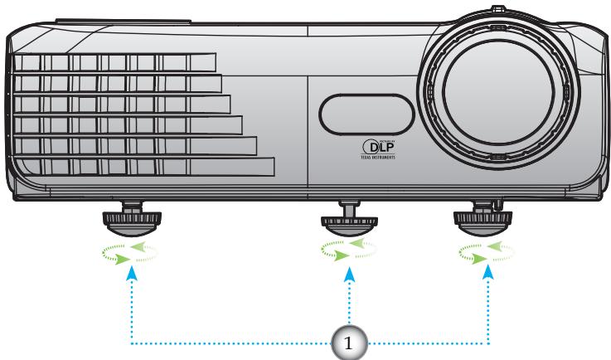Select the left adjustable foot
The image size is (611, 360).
click(x=132, y=219)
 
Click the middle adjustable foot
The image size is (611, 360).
click(x=350, y=221)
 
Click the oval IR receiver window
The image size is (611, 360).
click(x=366, y=111)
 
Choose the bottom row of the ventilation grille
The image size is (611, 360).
click(x=141, y=166)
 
